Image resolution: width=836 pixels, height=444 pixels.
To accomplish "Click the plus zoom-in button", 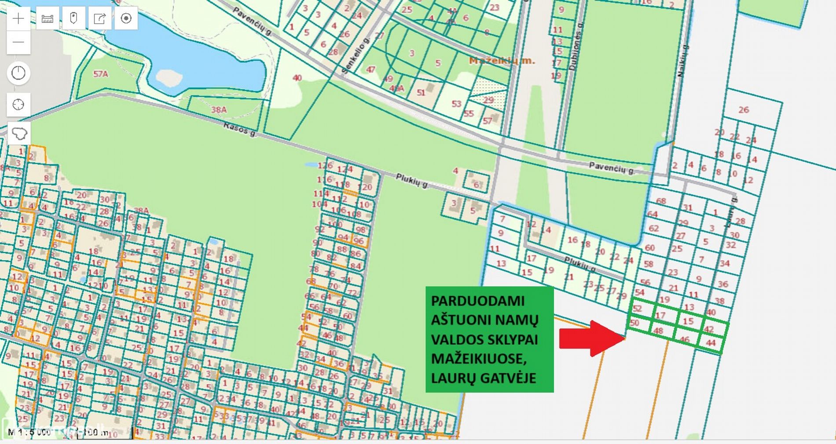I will point(18,18).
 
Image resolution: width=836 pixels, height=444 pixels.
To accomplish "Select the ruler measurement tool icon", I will point(47,18).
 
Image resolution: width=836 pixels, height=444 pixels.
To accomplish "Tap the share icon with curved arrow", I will point(100,18).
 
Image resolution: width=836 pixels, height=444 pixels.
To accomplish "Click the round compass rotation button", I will point(18,73).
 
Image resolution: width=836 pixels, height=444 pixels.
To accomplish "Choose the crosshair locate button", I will point(18,105).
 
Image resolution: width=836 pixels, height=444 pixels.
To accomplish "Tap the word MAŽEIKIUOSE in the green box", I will point(478,359).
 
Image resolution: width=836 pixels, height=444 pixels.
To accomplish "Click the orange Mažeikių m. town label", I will point(502,61).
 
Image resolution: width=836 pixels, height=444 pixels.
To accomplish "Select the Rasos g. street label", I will point(240,129).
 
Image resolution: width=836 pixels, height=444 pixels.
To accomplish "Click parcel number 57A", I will point(100,74).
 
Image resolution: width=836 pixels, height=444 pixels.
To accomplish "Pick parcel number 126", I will point(325,166).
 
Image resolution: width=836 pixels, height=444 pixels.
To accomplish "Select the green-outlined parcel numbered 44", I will point(711,342).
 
